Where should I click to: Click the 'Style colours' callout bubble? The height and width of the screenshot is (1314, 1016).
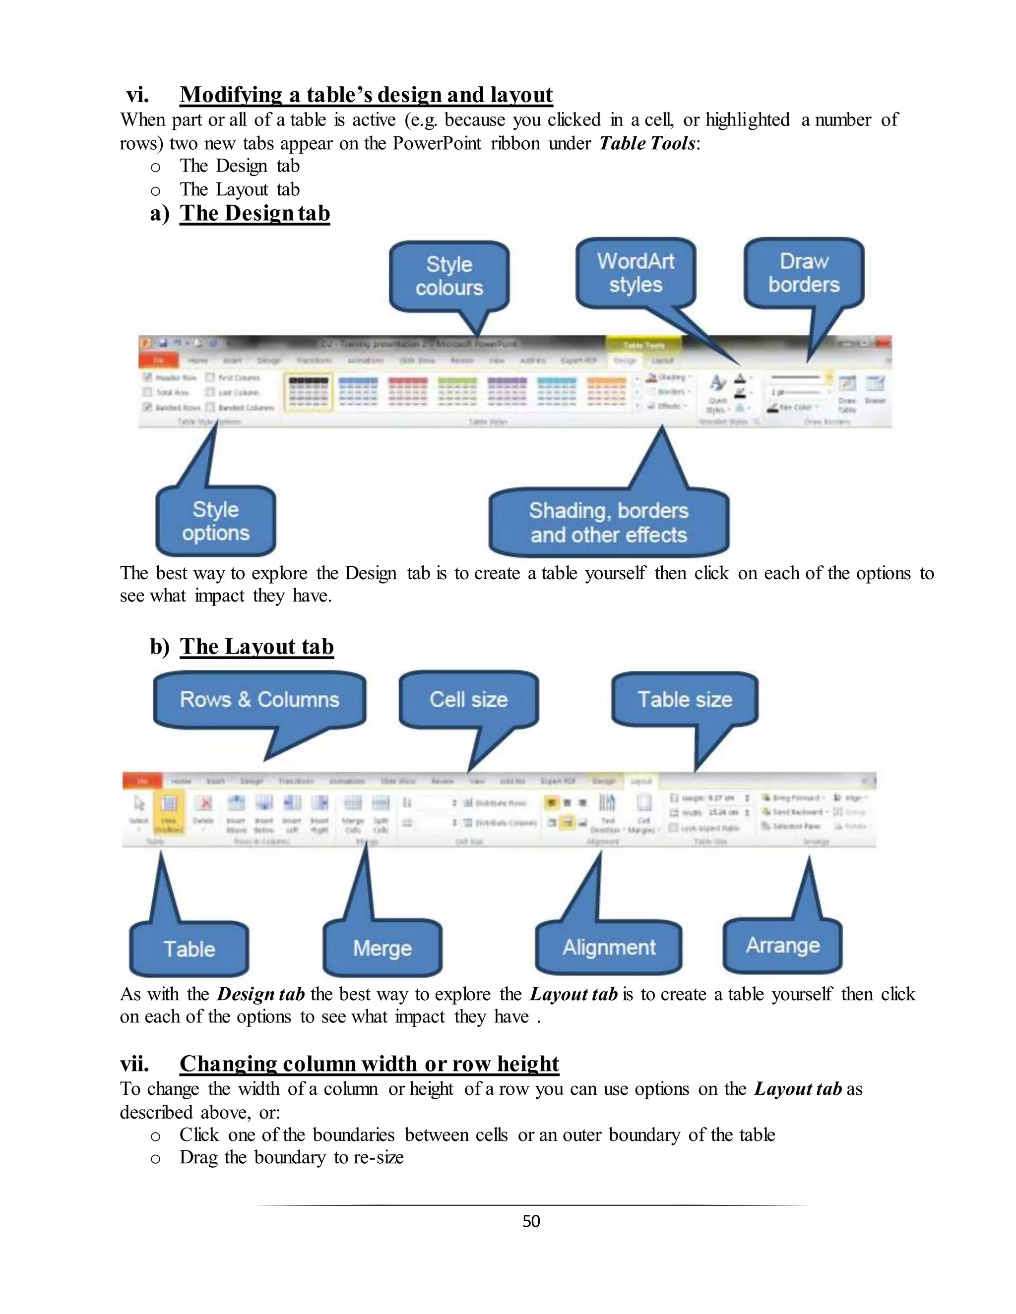449,276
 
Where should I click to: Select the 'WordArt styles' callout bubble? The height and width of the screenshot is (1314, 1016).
635,273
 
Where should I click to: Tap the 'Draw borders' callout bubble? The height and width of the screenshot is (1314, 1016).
804,273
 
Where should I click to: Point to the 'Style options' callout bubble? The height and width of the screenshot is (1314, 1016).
215,521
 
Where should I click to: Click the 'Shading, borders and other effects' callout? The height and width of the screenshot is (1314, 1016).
609,522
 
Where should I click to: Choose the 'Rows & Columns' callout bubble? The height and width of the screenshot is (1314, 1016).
259,700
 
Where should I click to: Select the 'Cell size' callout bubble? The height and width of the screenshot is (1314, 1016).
468,700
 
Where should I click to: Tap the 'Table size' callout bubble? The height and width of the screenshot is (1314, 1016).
685,700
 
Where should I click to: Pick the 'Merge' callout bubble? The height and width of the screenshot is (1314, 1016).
382,948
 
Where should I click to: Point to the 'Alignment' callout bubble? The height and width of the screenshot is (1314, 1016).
609,948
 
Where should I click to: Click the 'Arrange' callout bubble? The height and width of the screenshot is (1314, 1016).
782,946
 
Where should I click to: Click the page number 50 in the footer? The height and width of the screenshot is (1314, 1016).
531,1221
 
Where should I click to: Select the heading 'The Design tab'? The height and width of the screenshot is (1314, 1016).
254,214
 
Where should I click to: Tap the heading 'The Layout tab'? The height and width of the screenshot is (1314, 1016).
256,647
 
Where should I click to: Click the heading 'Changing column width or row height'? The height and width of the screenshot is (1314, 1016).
369,1064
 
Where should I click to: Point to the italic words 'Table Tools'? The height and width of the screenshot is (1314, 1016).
647,143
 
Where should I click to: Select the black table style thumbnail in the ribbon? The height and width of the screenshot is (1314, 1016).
308,391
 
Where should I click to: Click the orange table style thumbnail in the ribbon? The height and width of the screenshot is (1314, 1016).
606,391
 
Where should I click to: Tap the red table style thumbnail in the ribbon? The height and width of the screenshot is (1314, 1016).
407,391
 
